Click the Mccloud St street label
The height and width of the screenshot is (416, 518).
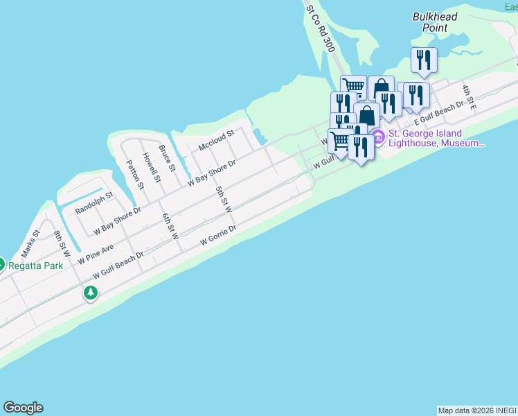(x=217, y=139)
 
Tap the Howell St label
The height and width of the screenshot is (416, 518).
(x=151, y=167)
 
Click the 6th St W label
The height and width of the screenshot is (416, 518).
(x=170, y=226)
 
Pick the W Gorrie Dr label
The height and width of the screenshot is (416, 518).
(x=218, y=234)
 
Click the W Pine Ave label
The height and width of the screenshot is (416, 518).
(x=96, y=253)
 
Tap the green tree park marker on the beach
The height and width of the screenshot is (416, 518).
(x=90, y=293)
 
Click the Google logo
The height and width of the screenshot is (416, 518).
(x=23, y=407)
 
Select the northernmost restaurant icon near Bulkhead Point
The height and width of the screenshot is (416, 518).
(x=423, y=59)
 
